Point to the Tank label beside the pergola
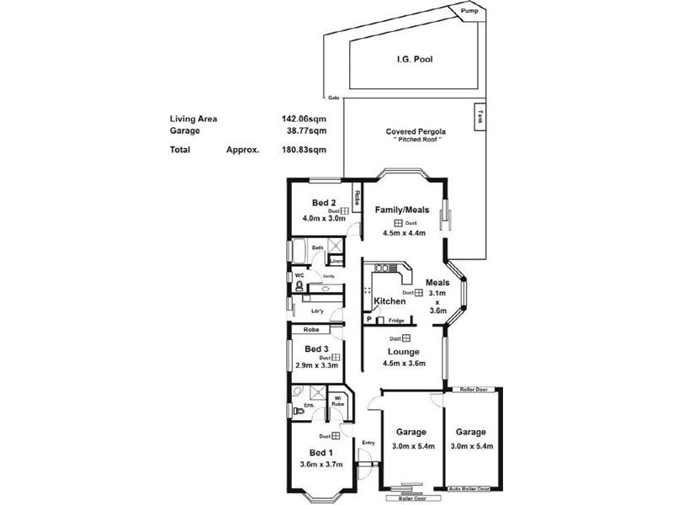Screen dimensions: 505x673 tap(480, 116)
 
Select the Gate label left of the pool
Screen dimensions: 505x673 tap(334, 97)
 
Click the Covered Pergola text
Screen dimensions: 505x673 tap(416, 131)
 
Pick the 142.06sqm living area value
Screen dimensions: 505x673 tap(304, 119)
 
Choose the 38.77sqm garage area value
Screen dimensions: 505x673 tap(306, 130)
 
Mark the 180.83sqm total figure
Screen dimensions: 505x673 tap(304, 150)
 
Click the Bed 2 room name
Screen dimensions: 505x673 tap(324, 203)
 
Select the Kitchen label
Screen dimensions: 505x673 tap(389, 300)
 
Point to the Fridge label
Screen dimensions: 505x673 tap(395, 321)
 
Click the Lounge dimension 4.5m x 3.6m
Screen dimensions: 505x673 tap(404, 364)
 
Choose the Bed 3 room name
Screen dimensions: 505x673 tap(316, 348)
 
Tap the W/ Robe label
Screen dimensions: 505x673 tap(338, 401)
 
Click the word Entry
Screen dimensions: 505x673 tap(368, 442)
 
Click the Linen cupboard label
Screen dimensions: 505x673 tap(336, 261)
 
